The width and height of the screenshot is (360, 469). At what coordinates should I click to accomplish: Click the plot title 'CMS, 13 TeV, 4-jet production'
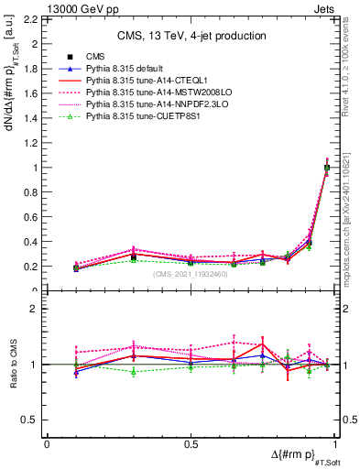(191, 36)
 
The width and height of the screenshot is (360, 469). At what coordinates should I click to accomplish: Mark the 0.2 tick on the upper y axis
(33, 267)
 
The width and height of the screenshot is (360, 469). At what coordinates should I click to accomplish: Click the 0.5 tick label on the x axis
(191, 444)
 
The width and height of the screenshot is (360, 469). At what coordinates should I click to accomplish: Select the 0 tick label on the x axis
(47, 444)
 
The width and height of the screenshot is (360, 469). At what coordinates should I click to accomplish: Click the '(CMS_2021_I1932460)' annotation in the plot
(191, 274)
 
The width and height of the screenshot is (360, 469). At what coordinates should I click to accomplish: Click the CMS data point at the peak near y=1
(327, 168)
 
